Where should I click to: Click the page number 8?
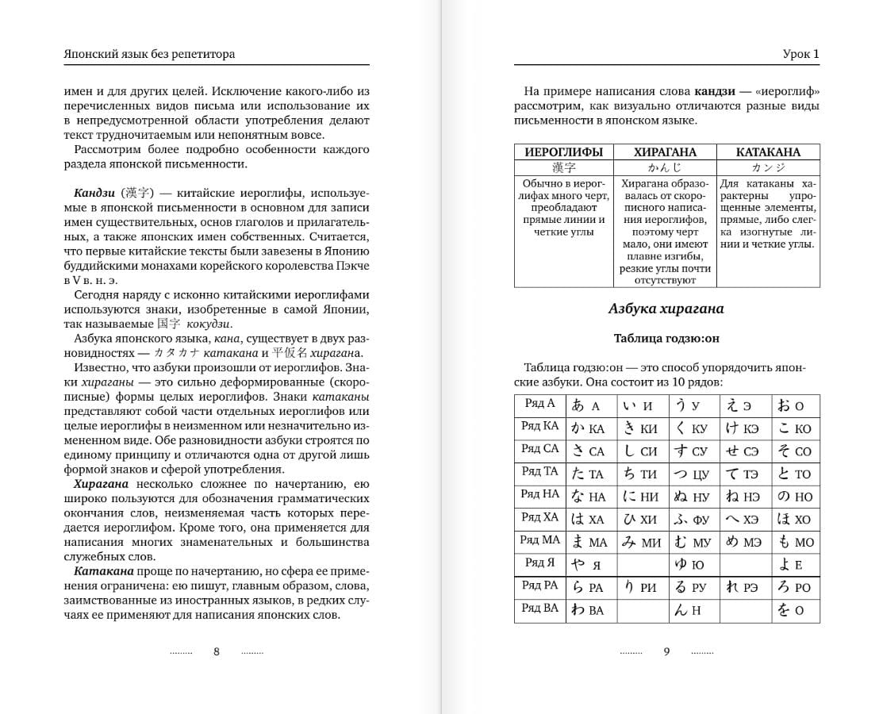click(x=217, y=651)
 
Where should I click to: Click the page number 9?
click(x=666, y=651)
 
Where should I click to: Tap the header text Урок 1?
click(x=800, y=54)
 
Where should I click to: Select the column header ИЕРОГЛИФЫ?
click(x=564, y=152)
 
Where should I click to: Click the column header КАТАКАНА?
click(x=768, y=152)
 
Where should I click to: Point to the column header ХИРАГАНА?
click(x=665, y=152)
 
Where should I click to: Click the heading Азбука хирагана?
click(x=666, y=309)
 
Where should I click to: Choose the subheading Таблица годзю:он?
click(x=666, y=338)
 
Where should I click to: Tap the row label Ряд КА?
click(x=540, y=426)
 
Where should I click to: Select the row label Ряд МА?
click(x=540, y=540)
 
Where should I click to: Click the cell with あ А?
click(x=590, y=405)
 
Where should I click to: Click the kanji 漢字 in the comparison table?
click(x=564, y=167)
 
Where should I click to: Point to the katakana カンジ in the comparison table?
click(x=768, y=167)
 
